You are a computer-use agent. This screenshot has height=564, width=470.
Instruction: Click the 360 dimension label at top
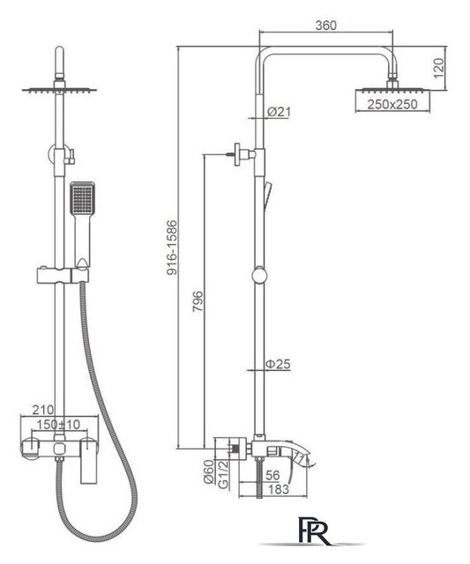[x=326, y=26]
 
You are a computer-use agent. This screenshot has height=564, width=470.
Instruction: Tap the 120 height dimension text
[x=438, y=69]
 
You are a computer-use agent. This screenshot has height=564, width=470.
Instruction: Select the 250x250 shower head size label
[x=392, y=104]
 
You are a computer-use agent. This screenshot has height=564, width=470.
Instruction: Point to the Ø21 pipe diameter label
[x=279, y=112]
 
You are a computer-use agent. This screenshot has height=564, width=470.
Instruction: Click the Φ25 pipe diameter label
[x=278, y=364]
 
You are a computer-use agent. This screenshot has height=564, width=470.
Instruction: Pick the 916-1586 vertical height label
[x=172, y=248]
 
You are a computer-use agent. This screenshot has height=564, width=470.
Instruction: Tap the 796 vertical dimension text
[x=198, y=301]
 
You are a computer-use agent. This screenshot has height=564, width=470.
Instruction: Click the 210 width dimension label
[x=43, y=409]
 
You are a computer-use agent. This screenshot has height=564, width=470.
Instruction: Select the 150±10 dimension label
[x=58, y=425]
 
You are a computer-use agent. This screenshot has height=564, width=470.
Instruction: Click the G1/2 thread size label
[x=223, y=474]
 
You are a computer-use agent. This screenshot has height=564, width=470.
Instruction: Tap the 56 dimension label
[x=272, y=476]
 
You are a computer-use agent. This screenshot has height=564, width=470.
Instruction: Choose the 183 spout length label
[x=279, y=489]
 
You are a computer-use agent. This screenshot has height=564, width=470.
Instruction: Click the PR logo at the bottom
[x=313, y=531]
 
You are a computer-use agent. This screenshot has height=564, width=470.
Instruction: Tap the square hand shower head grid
[x=82, y=199]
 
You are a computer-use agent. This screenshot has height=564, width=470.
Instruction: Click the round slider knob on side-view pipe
[x=259, y=276]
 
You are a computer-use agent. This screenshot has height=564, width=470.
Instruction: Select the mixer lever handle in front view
[x=89, y=461]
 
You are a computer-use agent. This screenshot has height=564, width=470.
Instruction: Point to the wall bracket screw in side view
[x=231, y=154]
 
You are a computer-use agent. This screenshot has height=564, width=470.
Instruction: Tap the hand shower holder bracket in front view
[x=63, y=276]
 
